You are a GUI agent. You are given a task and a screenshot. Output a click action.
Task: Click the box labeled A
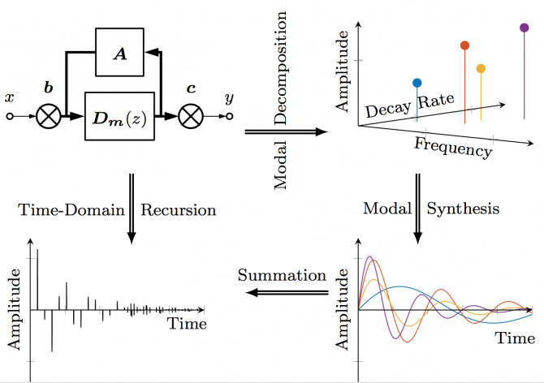119,54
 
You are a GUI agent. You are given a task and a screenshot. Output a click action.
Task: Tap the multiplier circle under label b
49,117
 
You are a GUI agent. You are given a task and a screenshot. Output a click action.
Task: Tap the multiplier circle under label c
190,117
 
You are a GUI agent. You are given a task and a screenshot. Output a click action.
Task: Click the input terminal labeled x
10,116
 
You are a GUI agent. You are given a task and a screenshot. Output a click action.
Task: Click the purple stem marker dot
524,28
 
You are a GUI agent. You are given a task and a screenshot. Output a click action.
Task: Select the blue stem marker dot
417,83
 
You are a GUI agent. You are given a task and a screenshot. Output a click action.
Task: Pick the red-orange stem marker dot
464,45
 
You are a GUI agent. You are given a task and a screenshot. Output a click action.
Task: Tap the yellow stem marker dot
481,69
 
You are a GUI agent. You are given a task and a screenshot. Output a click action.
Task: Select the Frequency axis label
452,147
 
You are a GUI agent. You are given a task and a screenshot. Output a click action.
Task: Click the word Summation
281,274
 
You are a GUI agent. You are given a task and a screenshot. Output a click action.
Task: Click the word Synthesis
464,209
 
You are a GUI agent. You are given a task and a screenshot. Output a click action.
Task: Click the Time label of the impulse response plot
186,324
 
